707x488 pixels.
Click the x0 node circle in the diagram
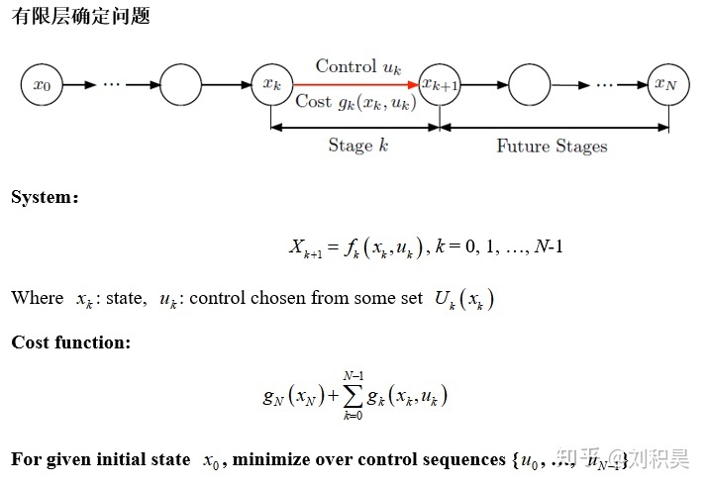point(42,85)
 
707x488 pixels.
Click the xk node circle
point(270,85)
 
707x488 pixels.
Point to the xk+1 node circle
point(440,85)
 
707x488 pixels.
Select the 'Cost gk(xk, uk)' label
point(355,102)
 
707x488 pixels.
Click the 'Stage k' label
point(352,145)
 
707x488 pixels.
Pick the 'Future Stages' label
point(552,146)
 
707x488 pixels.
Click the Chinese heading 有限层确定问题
point(80,18)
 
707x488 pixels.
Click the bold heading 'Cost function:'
point(70,342)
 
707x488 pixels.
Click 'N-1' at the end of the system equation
point(548,246)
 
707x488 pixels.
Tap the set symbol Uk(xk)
point(462,299)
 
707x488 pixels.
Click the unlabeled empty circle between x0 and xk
point(179,85)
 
